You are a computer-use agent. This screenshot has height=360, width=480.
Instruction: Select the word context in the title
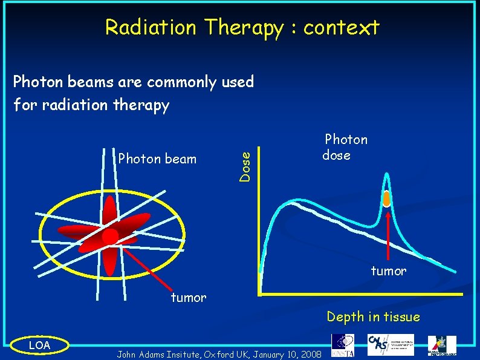[x=342, y=28]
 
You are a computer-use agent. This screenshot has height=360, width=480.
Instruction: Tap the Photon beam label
[x=157, y=159]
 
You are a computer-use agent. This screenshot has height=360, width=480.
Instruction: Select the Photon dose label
[x=345, y=147]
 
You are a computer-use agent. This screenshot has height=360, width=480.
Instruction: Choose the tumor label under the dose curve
[x=388, y=271]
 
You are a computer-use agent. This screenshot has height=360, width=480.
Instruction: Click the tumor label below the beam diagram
[x=188, y=297]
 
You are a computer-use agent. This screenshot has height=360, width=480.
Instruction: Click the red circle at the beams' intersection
[x=110, y=236]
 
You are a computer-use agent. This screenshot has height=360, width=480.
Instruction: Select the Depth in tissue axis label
[x=373, y=316]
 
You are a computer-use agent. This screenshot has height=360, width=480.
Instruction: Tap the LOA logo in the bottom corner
[x=41, y=345]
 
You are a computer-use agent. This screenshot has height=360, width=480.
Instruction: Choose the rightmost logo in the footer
[x=443, y=345]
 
